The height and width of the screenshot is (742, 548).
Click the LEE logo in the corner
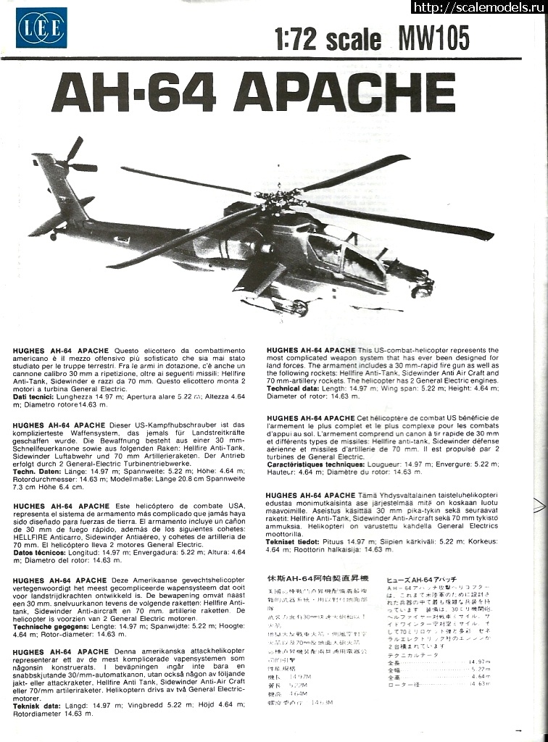pos(41,28)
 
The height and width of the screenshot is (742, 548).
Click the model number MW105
pos(433,38)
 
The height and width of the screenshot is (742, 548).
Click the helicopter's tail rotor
pos(75,159)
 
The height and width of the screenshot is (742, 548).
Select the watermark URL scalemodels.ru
pos(478,7)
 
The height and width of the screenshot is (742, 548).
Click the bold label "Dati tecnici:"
pos(34,397)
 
